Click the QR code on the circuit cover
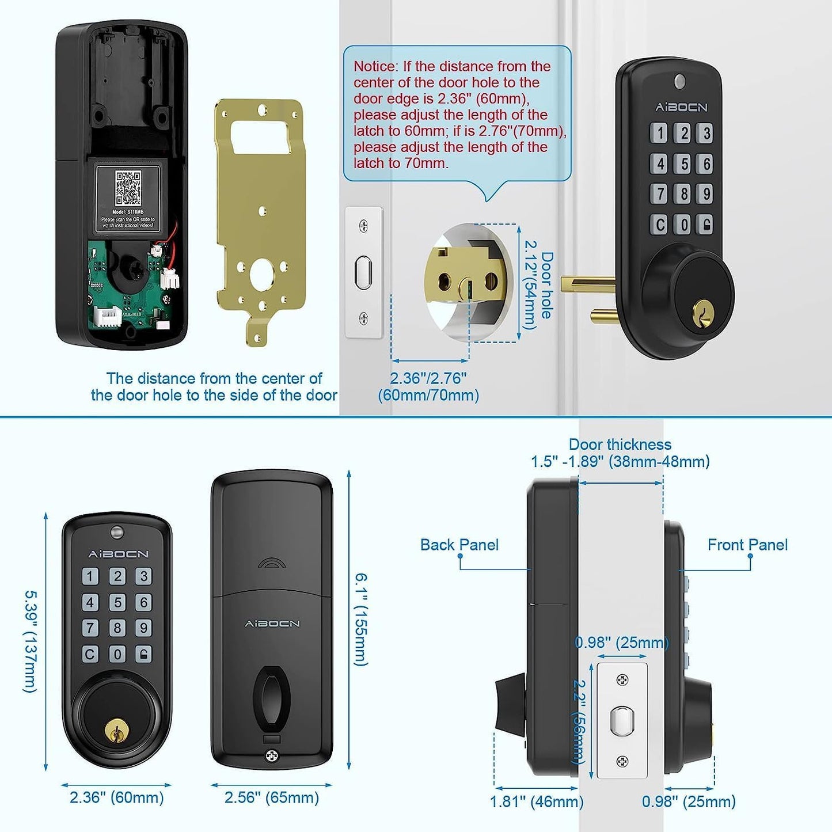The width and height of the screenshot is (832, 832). click(x=128, y=188)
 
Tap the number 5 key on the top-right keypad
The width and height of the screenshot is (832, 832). click(x=683, y=164)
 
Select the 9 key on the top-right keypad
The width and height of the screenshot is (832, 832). click(x=706, y=194)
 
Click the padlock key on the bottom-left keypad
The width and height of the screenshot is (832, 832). click(x=143, y=654)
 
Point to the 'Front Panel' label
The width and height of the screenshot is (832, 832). click(x=747, y=545)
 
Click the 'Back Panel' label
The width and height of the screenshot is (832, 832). click(x=459, y=545)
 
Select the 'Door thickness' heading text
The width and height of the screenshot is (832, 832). click(x=620, y=445)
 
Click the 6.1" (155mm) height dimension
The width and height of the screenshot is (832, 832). click(x=361, y=619)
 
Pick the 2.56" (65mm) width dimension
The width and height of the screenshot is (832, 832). click(x=271, y=797)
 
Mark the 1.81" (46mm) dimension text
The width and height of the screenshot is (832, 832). click(x=536, y=801)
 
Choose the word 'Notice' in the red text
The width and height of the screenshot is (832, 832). click(x=375, y=66)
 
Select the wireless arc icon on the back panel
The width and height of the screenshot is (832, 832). click(x=272, y=563)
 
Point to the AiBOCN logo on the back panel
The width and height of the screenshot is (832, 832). click(x=272, y=624)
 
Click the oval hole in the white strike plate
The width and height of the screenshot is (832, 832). click(x=363, y=272)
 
